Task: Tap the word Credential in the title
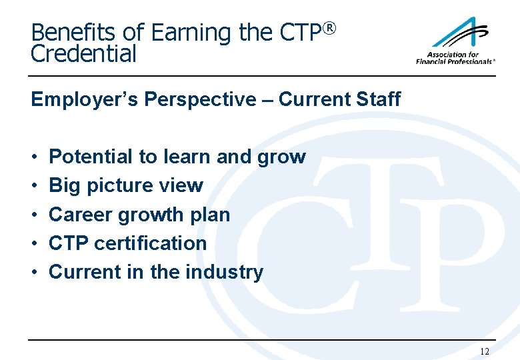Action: point(83,54)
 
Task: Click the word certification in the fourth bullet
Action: point(151,243)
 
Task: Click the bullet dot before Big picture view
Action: point(33,186)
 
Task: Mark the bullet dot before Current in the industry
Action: point(33,273)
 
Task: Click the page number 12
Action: point(485,351)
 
